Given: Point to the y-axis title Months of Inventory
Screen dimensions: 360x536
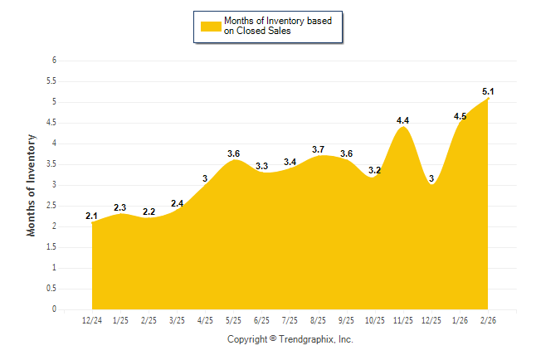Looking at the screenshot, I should click(x=32, y=185).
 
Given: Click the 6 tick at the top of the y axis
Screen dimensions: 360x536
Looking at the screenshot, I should click(x=53, y=61).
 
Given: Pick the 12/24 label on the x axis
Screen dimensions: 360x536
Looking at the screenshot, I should click(x=92, y=320).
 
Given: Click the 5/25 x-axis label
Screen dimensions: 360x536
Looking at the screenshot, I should click(x=234, y=320).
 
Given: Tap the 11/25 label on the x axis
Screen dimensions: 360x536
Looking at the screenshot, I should click(x=404, y=320).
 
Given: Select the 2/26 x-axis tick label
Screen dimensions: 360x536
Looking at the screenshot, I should click(x=489, y=320).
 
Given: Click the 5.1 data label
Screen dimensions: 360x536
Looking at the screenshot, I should click(x=489, y=91).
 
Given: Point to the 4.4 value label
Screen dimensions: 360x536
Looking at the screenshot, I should click(x=403, y=120).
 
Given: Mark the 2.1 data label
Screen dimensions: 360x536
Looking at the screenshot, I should click(x=92, y=216).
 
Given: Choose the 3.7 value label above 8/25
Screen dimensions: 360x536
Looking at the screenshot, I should click(x=319, y=149).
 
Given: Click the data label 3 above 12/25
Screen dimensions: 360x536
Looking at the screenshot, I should click(x=432, y=178).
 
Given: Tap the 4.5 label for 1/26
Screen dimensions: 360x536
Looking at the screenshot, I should click(x=460, y=116).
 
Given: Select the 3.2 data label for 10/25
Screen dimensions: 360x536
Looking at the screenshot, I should click(x=375, y=170).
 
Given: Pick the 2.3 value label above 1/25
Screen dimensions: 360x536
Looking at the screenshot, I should click(x=120, y=207).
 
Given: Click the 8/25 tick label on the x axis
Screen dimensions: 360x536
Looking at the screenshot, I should click(x=319, y=320).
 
